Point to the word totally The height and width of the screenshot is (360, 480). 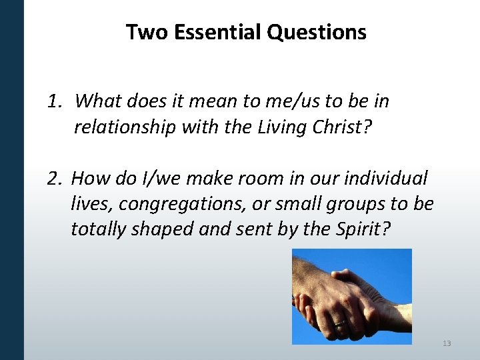click(x=101, y=229)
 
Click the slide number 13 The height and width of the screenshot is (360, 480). click(x=446, y=343)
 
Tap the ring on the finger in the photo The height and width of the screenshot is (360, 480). click(x=340, y=323)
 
